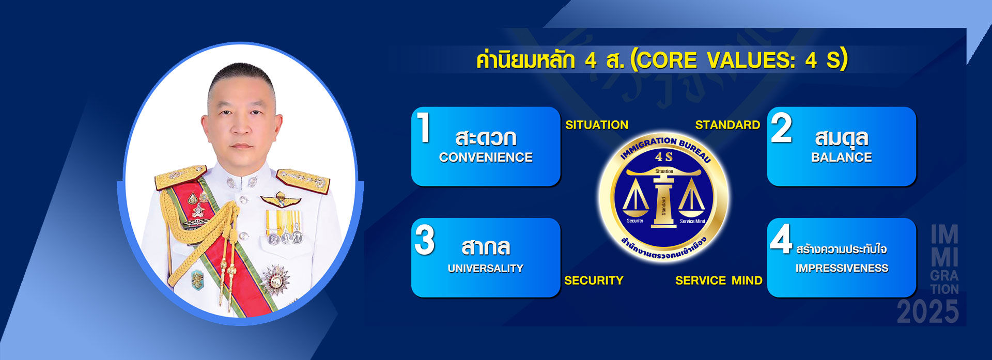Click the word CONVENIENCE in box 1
pyautogui.click(x=486, y=157)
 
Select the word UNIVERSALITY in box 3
pyautogui.click(x=486, y=268)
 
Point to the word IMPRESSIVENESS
pyautogui.click(x=842, y=268)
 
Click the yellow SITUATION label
pyautogui.click(x=597, y=125)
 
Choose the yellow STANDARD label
pyautogui.click(x=727, y=125)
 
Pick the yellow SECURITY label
pyautogui.click(x=594, y=280)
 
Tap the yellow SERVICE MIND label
pyautogui.click(x=719, y=280)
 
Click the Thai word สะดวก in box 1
pyautogui.click(x=486, y=138)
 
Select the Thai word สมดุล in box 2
pyautogui.click(x=842, y=138)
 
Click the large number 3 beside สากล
pyautogui.click(x=425, y=240)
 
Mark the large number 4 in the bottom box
pyautogui.click(x=781, y=239)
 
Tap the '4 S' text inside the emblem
pyautogui.click(x=664, y=157)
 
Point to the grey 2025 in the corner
pyautogui.click(x=928, y=312)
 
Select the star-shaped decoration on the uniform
pyautogui.click(x=275, y=279)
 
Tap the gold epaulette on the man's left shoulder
pyautogui.click(x=303, y=181)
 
